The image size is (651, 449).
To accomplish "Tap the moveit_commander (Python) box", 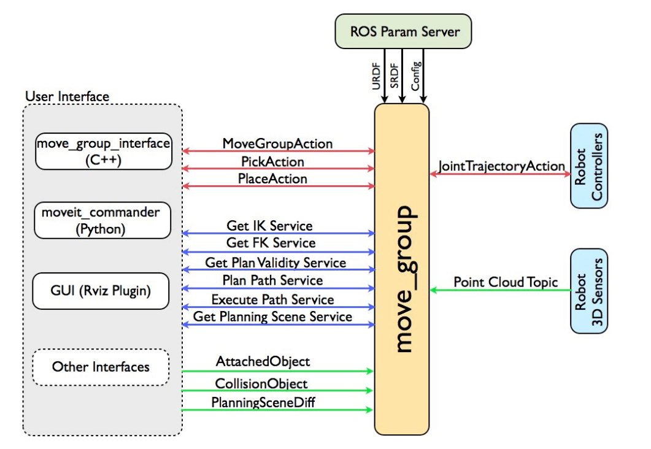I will tap(103, 221).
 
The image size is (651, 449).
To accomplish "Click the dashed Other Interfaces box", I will tap(101, 367).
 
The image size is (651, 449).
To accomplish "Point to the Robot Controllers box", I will tap(588, 166).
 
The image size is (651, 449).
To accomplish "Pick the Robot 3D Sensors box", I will tap(588, 290).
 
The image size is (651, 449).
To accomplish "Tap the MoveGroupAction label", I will tap(277, 144).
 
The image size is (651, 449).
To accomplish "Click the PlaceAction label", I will tap(272, 179).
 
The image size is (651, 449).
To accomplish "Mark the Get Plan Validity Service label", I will tap(275, 263).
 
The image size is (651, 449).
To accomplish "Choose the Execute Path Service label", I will tap(272, 299).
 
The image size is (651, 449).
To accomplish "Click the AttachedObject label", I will tap(263, 361).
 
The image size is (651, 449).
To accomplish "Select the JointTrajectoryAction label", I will tap(501, 166).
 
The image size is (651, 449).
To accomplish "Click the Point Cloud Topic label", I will tap(506, 282).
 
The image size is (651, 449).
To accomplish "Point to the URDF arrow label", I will tap(376, 79).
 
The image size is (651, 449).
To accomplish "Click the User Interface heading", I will tap(67, 96).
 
